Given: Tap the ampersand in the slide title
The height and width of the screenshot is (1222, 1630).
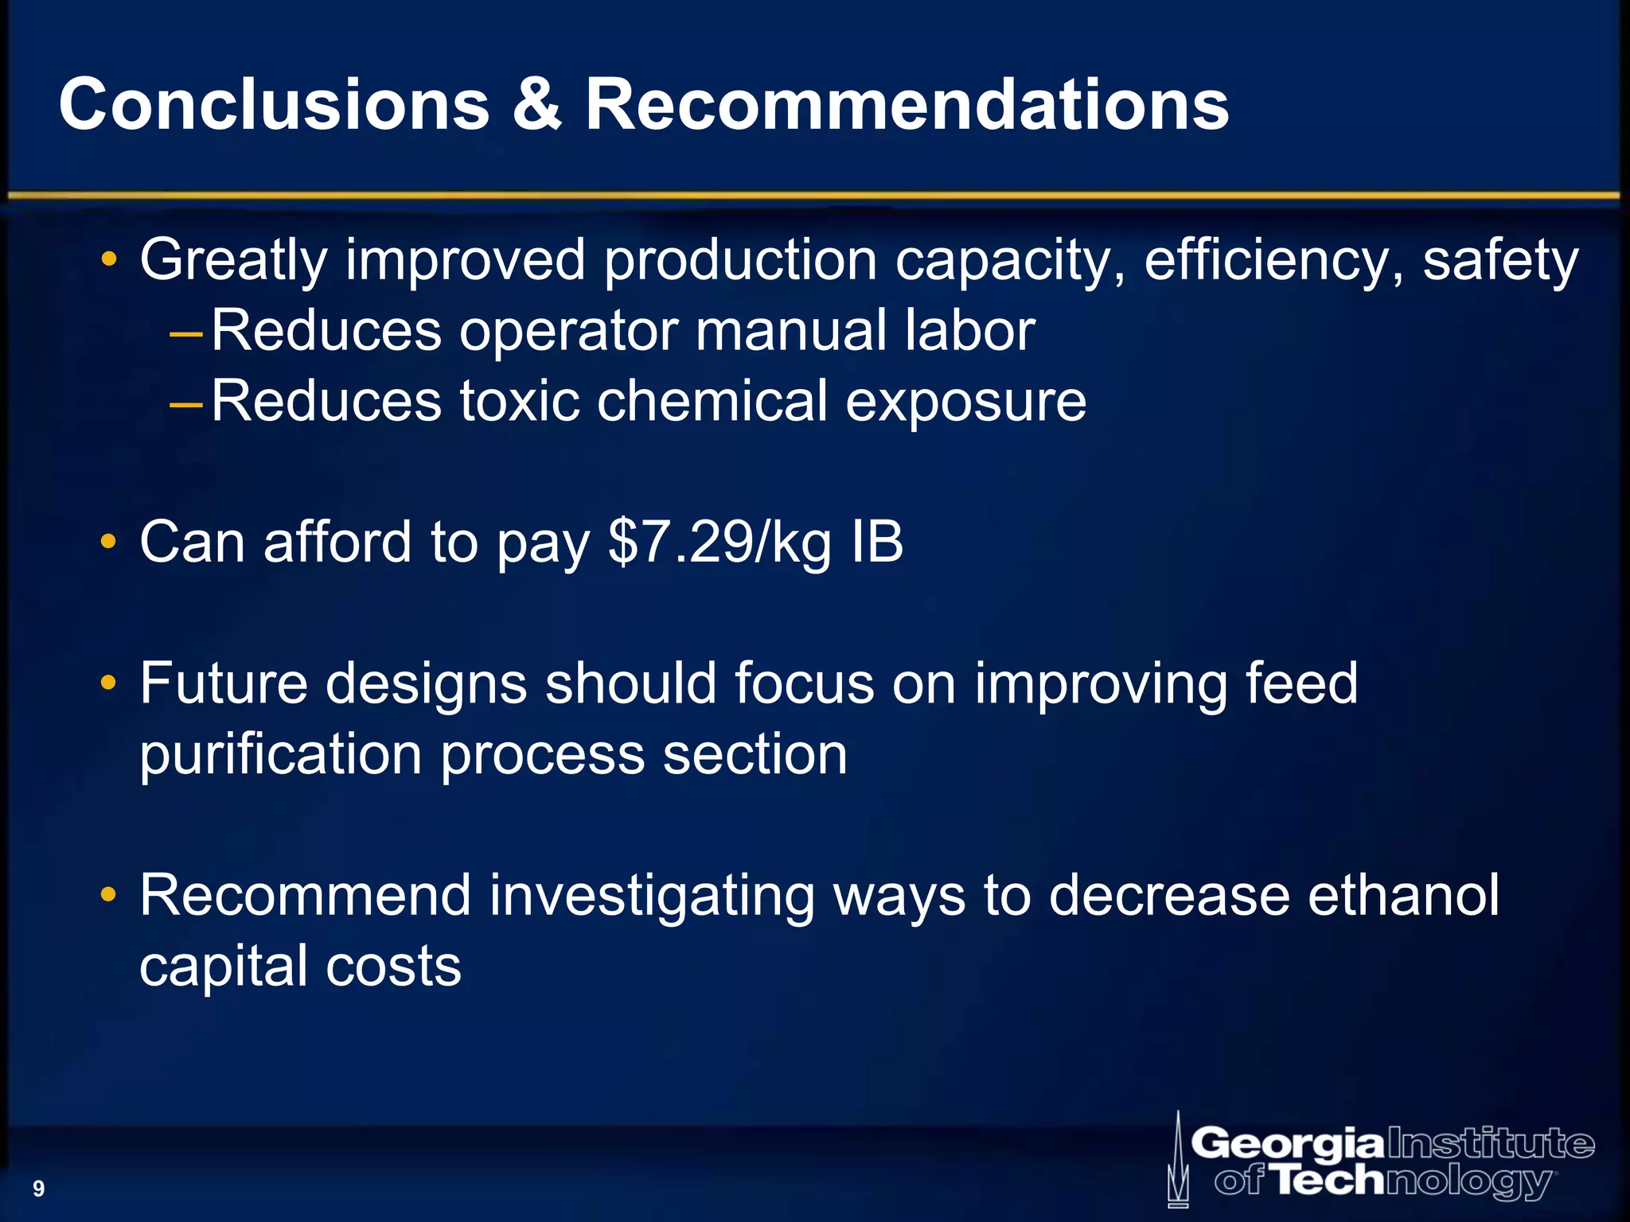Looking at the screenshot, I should point(537,105).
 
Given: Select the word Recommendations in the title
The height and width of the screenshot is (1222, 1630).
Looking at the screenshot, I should point(907,105).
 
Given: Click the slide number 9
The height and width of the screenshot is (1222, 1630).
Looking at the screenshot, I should point(38,1189).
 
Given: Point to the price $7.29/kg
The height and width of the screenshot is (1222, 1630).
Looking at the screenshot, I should point(720,543).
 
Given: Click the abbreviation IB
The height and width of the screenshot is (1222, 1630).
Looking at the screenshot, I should point(877,543).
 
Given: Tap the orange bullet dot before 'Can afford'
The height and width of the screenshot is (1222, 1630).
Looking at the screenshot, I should point(108,543).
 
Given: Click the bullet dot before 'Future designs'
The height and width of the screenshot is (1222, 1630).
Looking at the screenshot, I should point(108,683).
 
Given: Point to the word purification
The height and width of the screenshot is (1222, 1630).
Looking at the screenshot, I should point(280,756).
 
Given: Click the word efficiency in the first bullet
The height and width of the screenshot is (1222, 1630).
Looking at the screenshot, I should point(1273,261).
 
